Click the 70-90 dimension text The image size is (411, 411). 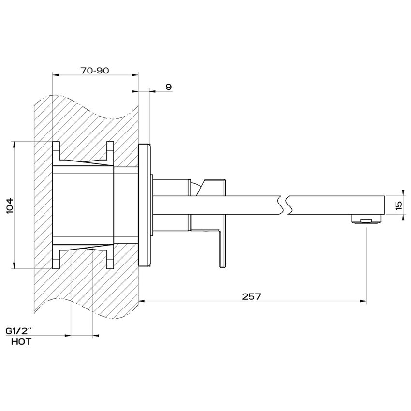[x=95, y=70]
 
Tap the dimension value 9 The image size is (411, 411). [x=168, y=87]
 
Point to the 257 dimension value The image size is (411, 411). [x=252, y=296]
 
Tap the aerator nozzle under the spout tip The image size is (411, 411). [x=366, y=220]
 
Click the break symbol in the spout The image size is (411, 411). [x=283, y=204]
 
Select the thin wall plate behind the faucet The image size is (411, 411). [x=145, y=205]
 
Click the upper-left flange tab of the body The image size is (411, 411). [x=56, y=151]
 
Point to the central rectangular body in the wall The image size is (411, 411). [x=83, y=205]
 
